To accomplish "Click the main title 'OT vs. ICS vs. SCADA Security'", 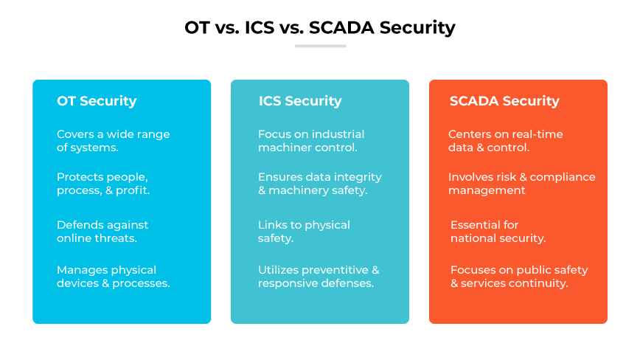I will [319, 28].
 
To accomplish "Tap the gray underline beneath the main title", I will [320, 46].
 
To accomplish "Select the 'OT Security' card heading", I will [97, 101].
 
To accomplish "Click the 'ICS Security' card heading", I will [299, 101].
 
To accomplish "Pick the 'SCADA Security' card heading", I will [504, 101].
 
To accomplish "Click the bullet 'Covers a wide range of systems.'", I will [113, 140].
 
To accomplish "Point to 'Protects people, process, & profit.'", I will [102, 184].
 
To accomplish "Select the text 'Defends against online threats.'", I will [102, 232].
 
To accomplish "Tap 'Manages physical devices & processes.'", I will [113, 277].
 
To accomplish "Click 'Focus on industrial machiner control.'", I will [311, 140].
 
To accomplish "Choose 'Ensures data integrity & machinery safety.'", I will [319, 184].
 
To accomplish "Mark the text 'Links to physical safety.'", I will [304, 232].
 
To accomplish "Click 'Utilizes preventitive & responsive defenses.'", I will [319, 277].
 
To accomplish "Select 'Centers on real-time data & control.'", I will [505, 140].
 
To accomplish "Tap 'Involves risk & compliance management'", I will [521, 184].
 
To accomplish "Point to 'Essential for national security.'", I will [498, 232].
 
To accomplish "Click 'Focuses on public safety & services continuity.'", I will [519, 277].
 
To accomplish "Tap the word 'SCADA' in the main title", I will [338, 28].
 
